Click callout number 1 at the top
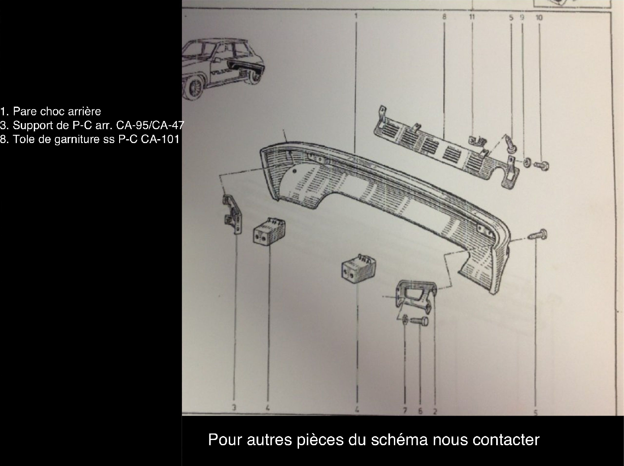(355, 16)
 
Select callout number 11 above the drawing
(472, 17)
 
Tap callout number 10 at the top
(539, 18)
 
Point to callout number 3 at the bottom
(234, 407)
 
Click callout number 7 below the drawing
(405, 411)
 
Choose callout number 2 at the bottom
(435, 411)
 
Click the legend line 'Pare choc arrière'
(51, 111)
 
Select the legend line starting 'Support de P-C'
(92, 126)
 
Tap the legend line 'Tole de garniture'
(90, 140)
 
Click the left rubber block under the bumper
(269, 232)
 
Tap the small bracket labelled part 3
(233, 214)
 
